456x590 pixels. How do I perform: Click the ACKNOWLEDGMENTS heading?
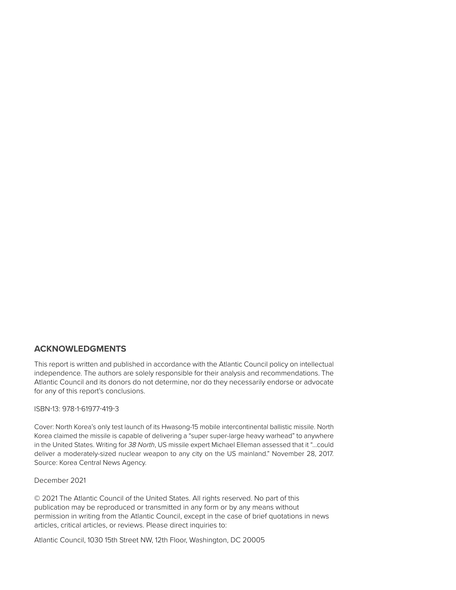(x=80, y=349)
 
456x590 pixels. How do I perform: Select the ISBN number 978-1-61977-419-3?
(x=90, y=409)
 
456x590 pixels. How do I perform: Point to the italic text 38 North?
(x=141, y=445)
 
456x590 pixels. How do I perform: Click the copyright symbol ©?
(x=37, y=498)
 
